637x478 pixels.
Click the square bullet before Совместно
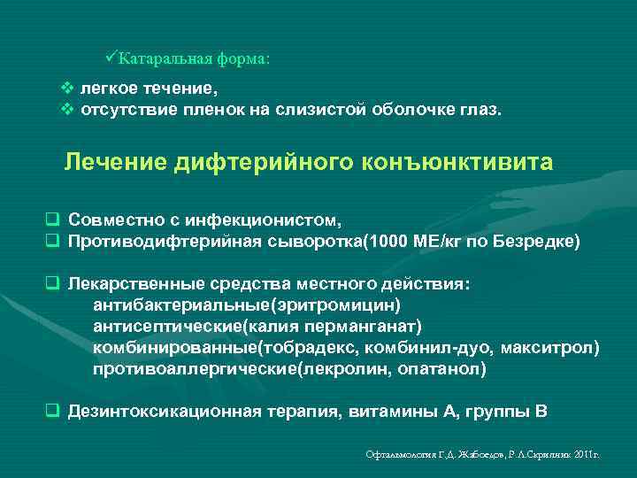click(x=52, y=219)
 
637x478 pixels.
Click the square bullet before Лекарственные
click(x=52, y=285)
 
